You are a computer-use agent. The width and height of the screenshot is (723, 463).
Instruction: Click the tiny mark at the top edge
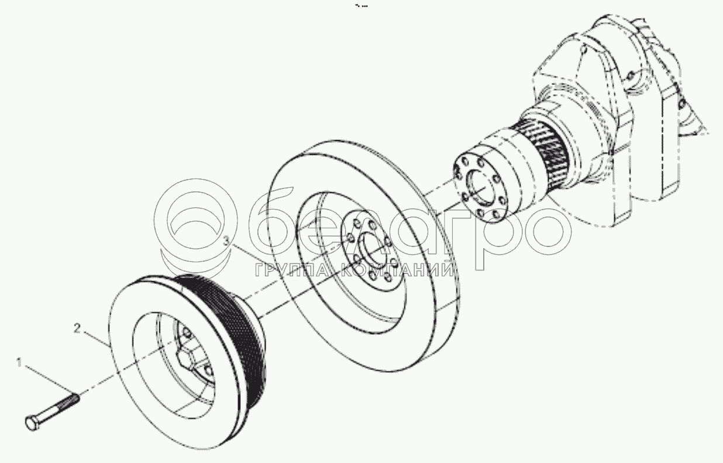tap(361, 6)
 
